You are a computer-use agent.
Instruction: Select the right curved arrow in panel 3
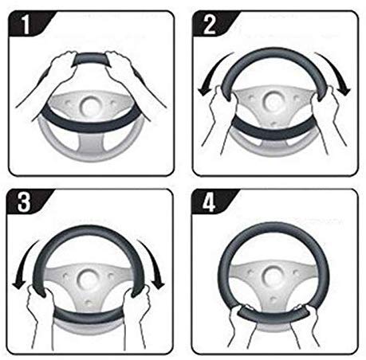[x=154, y=263]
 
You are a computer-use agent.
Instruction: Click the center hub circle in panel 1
[x=90, y=106]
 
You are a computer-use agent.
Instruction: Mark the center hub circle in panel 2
[x=272, y=101]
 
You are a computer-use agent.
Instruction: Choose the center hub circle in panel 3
[x=87, y=280]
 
